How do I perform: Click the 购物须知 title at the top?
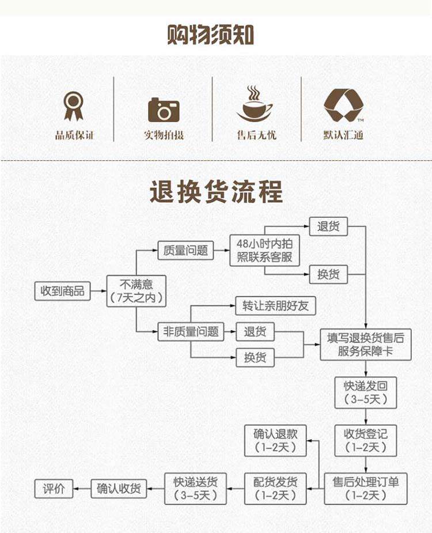tap(211, 35)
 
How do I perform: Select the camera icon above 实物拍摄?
tap(164, 109)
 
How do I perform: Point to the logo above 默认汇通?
tap(343, 105)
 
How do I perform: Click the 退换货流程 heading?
tap(216, 192)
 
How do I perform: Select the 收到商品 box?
tap(62, 291)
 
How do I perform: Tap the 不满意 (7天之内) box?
tap(137, 291)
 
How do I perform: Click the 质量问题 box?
tap(185, 251)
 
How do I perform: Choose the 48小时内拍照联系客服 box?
tap(264, 251)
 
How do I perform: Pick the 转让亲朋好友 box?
tap(275, 305)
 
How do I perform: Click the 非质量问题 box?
tap(191, 331)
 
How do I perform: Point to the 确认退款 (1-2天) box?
tap(275, 440)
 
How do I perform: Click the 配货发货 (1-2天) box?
tap(275, 489)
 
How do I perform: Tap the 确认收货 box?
tap(119, 489)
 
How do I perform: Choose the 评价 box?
tap(54, 489)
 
